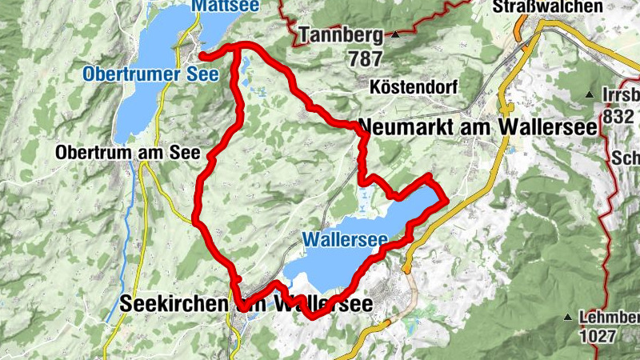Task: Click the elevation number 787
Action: (x=365, y=58)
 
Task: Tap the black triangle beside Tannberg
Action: (x=396, y=34)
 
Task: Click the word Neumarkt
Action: (x=409, y=126)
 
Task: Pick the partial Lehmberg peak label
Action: (x=608, y=318)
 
